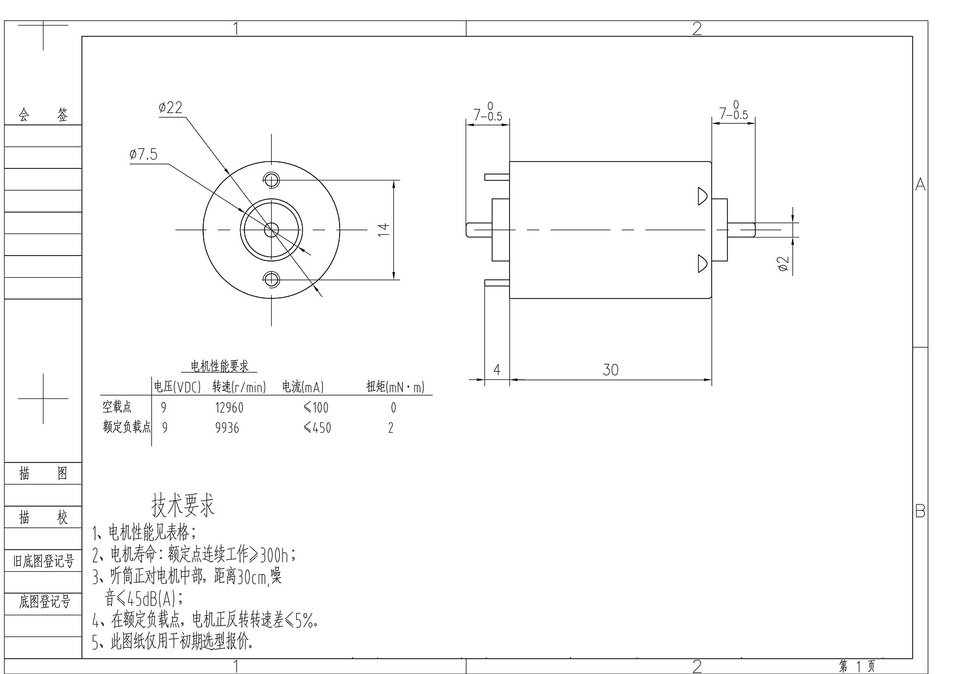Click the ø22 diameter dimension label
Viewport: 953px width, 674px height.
pyautogui.click(x=170, y=108)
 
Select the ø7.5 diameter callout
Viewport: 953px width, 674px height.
pyautogui.click(x=143, y=155)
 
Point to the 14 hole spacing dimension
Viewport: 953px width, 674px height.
pyautogui.click(x=384, y=229)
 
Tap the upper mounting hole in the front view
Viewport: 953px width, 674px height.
pyautogui.click(x=271, y=179)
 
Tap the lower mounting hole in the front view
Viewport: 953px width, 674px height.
pyautogui.click(x=271, y=279)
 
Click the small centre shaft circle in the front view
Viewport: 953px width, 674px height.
pyautogui.click(x=271, y=230)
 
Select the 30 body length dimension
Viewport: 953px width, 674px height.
pyautogui.click(x=611, y=370)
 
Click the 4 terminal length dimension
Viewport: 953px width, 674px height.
pyautogui.click(x=497, y=370)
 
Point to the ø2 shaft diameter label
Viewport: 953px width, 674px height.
pyautogui.click(x=783, y=264)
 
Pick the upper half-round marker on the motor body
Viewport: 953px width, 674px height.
pyautogui.click(x=702, y=196)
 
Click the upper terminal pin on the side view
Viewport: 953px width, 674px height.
pyautogui.click(x=497, y=177)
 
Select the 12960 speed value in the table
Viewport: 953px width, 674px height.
pyautogui.click(x=229, y=408)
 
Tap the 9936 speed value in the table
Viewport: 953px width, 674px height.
pyautogui.click(x=227, y=428)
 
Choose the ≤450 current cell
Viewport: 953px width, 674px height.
pyautogui.click(x=317, y=428)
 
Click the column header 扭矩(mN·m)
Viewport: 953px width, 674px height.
pyautogui.click(x=395, y=387)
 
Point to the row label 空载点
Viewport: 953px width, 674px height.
pyautogui.click(x=117, y=407)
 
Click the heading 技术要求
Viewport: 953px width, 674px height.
pyautogui.click(x=183, y=505)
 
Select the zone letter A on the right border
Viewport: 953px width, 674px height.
pyautogui.click(x=920, y=185)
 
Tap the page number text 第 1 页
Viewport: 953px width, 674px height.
pyautogui.click(x=857, y=666)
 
